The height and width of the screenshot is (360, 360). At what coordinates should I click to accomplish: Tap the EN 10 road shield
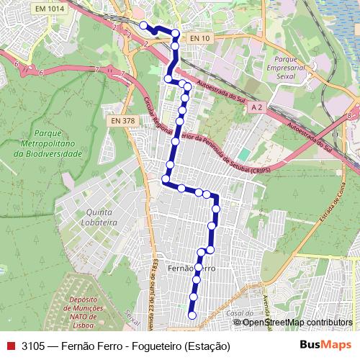pyautogui.click(x=199, y=37)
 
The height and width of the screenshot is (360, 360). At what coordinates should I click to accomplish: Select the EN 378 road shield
pyautogui.click(x=123, y=121)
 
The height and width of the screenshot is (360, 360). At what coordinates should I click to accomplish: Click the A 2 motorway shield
pyautogui.click(x=257, y=107)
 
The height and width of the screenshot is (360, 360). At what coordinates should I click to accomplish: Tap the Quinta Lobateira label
pyautogui.click(x=102, y=218)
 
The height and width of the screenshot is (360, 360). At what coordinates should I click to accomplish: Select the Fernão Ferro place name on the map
pyautogui.click(x=191, y=267)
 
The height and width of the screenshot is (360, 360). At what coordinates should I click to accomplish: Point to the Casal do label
pyautogui.click(x=239, y=315)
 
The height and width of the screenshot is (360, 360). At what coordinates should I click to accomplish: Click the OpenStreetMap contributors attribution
pyautogui.click(x=297, y=323)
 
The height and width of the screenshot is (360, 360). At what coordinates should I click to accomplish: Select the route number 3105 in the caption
pyautogui.click(x=33, y=346)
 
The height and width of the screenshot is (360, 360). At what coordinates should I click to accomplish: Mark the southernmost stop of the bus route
pyautogui.click(x=192, y=315)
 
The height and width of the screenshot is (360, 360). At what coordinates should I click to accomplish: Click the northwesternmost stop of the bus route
pyautogui.click(x=143, y=26)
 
